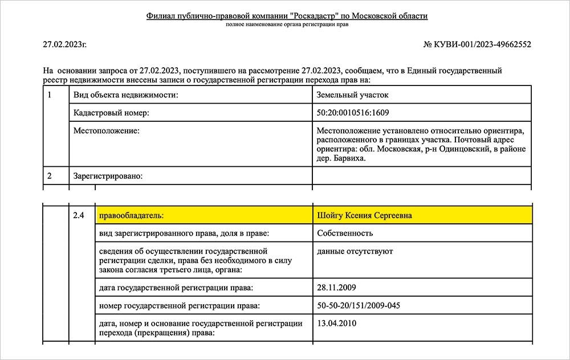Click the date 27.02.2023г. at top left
pyautogui.click(x=65, y=44)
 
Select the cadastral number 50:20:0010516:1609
pyautogui.click(x=353, y=113)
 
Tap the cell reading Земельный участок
pyautogui.click(x=352, y=95)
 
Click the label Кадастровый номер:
pyautogui.click(x=111, y=113)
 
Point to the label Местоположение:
pyautogui.click(x=107, y=131)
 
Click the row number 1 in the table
pyautogui.click(x=50, y=95)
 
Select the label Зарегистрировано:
pyautogui.click(x=108, y=176)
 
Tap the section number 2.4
pyautogui.click(x=79, y=215)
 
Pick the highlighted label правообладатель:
pyautogui.click(x=131, y=215)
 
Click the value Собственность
pyautogui.click(x=345, y=233)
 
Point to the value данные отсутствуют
pyautogui.click(x=355, y=251)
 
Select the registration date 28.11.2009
pyautogui.click(x=336, y=288)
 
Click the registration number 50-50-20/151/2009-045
pyautogui.click(x=359, y=306)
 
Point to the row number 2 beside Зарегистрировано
pyautogui.click(x=50, y=176)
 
